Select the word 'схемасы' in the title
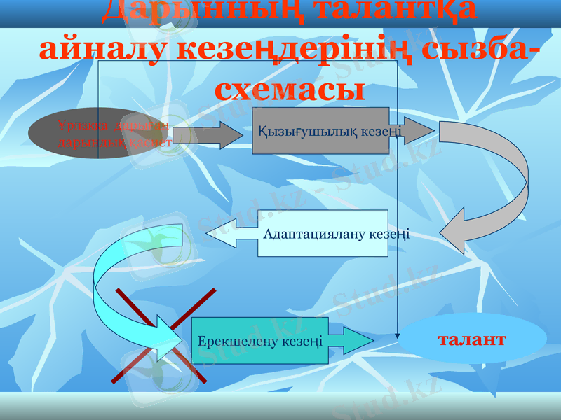pos(290,89)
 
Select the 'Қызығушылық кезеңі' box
pos(321,131)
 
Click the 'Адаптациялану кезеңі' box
pos(323,233)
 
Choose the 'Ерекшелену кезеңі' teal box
pos(259,341)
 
